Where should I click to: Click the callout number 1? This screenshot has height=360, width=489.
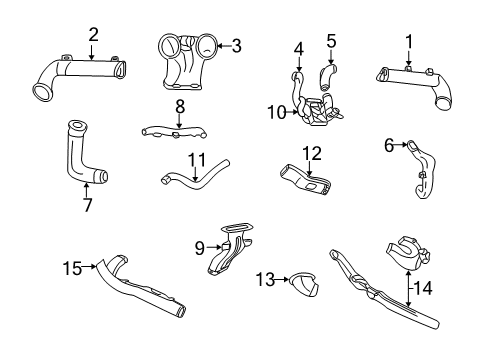click(408, 41)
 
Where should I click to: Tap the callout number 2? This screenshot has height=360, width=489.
click(93, 35)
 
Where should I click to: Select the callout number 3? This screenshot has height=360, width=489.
click(236, 44)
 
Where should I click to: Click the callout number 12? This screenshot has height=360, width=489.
click(312, 152)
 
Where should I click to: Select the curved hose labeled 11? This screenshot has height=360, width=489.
click(192, 176)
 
